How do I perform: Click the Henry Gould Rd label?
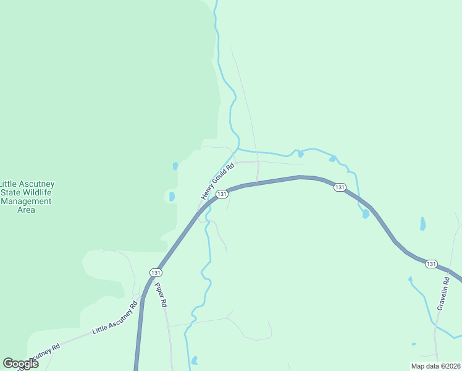[218, 181]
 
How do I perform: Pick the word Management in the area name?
[26, 201]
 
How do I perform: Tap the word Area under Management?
[26, 210]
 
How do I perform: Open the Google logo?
[20, 363]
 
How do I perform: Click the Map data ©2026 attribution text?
[435, 366]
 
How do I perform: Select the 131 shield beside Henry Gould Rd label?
[224, 194]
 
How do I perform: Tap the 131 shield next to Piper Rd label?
[156, 272]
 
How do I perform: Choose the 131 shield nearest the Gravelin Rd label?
[431, 264]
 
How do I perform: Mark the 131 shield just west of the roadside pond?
[339, 187]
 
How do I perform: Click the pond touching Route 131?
[366, 214]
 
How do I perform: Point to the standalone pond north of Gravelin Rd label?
[422, 223]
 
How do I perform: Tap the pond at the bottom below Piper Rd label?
[195, 360]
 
